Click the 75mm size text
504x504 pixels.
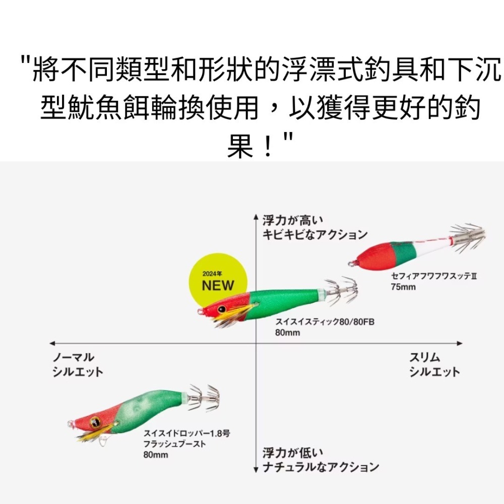point(402,286)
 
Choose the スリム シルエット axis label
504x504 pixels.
point(434,364)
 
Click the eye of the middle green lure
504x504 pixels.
point(221,308)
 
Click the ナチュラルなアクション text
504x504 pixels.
point(321,467)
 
